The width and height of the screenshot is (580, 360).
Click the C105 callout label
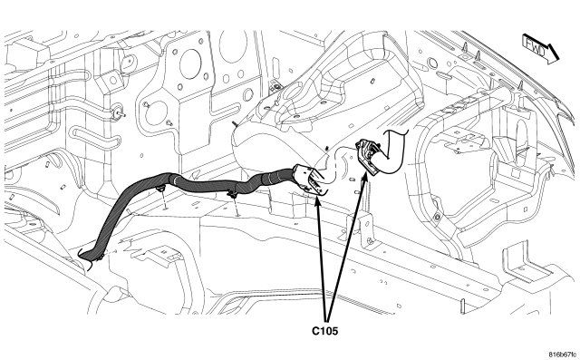point(324,331)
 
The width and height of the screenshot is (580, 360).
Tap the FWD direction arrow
point(540,49)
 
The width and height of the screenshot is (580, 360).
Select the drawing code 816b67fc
point(562,354)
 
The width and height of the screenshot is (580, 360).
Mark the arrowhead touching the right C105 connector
point(364,175)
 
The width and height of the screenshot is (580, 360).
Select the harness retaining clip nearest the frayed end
point(160,190)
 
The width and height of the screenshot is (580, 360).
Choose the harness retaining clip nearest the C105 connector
point(233,194)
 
